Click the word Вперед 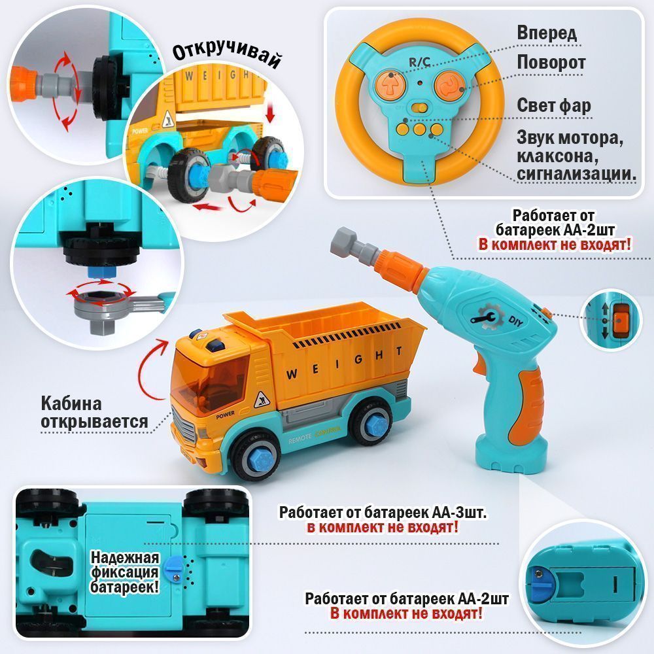click(x=547, y=33)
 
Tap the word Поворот click(x=551, y=63)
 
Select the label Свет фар click(x=554, y=105)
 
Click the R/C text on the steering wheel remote click(x=419, y=63)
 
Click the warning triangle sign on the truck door click(x=262, y=400)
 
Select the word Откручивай click(x=226, y=54)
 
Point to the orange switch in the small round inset click(x=620, y=320)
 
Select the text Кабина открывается click(x=94, y=413)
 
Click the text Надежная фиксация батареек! click(x=125, y=572)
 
